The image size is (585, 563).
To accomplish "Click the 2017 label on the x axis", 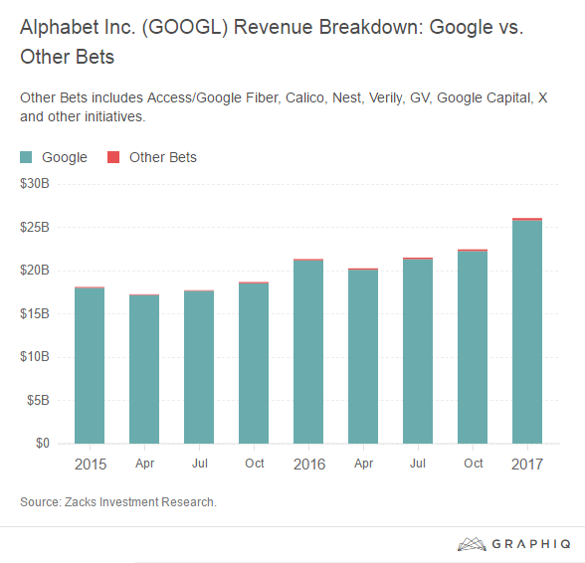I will click(526, 465).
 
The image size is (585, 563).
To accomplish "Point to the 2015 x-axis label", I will click(90, 465).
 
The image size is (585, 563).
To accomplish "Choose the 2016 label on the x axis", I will click(308, 465).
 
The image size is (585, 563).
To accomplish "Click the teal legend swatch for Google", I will click(27, 157).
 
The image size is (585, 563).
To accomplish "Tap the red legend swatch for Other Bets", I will click(112, 157).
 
